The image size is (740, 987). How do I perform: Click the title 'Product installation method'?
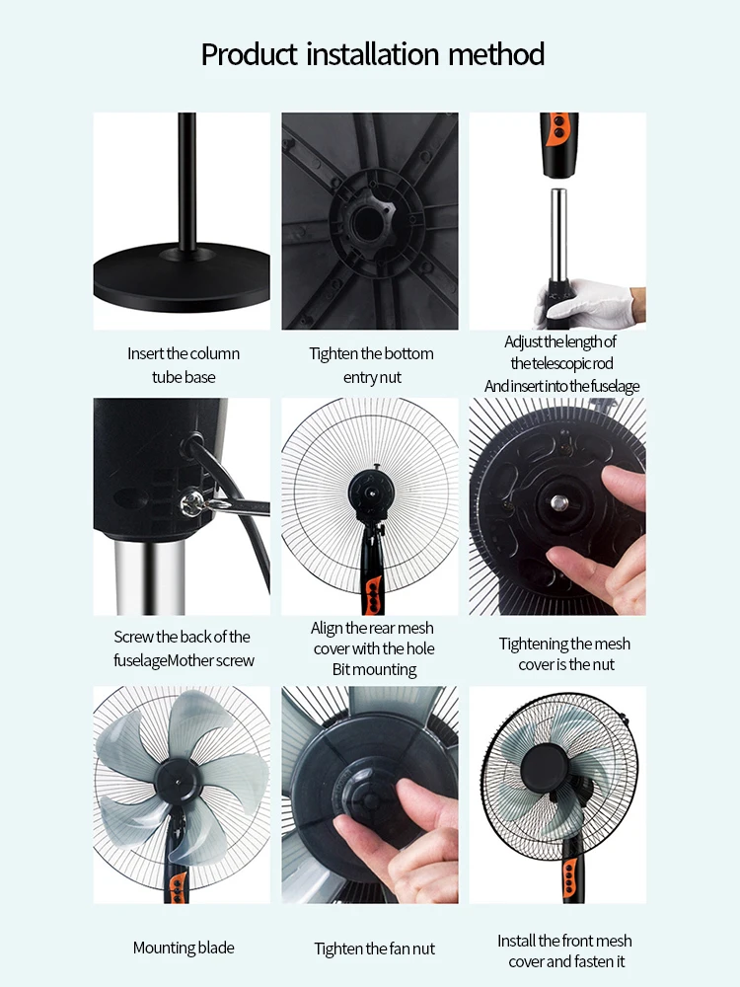(372, 53)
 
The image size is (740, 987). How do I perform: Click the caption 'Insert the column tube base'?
(184, 365)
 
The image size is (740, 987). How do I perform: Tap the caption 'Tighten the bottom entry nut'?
(371, 365)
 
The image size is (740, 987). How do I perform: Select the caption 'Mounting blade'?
(184, 948)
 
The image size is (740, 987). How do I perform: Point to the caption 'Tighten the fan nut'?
(374, 949)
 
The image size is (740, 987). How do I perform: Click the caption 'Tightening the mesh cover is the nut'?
(564, 654)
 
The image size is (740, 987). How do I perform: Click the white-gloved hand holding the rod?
(592, 302)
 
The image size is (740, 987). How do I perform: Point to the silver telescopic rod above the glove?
(557, 237)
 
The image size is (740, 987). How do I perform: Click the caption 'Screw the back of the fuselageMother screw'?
(184, 648)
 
